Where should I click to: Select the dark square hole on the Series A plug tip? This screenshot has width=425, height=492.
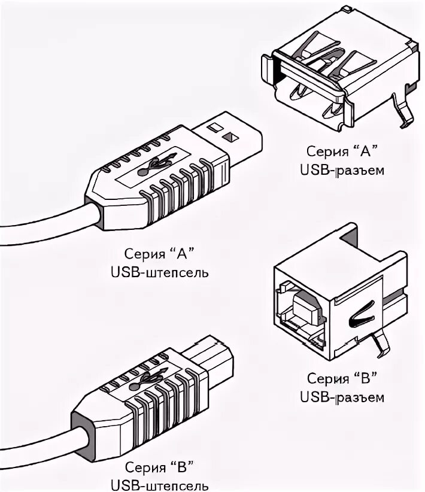point(229,136)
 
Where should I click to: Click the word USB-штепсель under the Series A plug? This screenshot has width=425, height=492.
point(159,273)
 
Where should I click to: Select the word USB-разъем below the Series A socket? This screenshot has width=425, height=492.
point(342,169)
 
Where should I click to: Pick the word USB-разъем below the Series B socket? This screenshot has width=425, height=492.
point(342,397)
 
